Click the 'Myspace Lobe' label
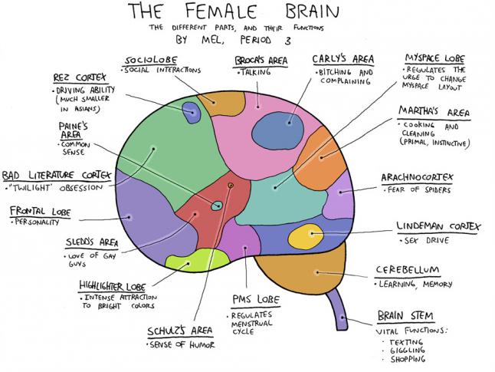pos(434,58)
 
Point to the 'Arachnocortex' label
pos(417,178)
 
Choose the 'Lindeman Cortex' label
pos(438,227)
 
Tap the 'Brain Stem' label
pos(406,316)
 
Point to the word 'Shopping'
pos(407,359)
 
